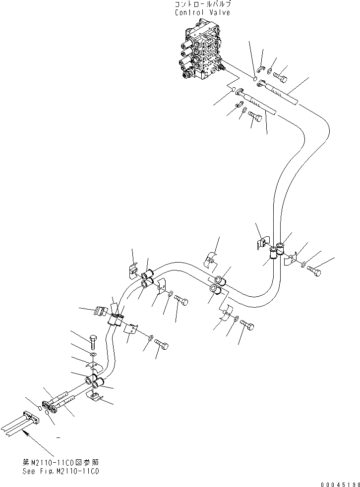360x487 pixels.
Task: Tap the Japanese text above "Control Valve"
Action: (x=202, y=4)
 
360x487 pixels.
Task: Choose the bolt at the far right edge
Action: (x=314, y=271)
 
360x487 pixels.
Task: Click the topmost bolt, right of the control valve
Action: (x=280, y=76)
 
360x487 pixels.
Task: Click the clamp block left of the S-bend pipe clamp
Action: (x=100, y=311)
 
